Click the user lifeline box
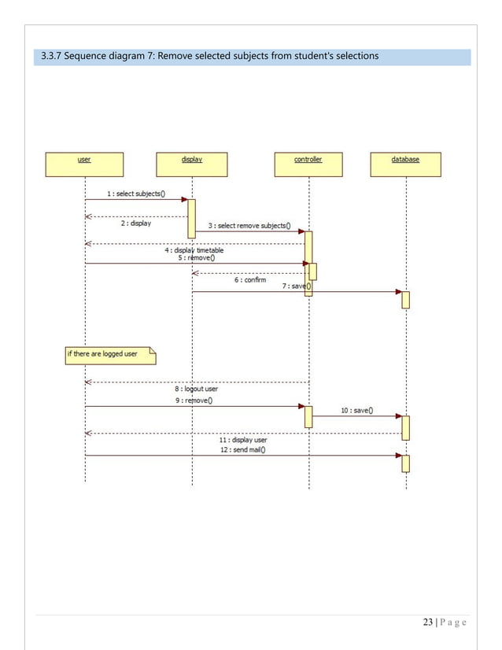coord(83,164)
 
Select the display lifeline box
coord(192,164)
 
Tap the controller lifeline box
coord(308,164)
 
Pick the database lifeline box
coord(405,164)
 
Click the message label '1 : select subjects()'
coord(135,194)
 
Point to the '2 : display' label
coord(136,223)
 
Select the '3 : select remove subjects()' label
coord(249,226)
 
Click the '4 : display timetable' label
coord(194,250)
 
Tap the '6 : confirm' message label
coord(250,279)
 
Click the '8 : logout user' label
coord(196,389)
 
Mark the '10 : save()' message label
coord(357,410)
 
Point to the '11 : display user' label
coord(242,440)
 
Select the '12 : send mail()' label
coord(242,449)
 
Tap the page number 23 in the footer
coord(428,623)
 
